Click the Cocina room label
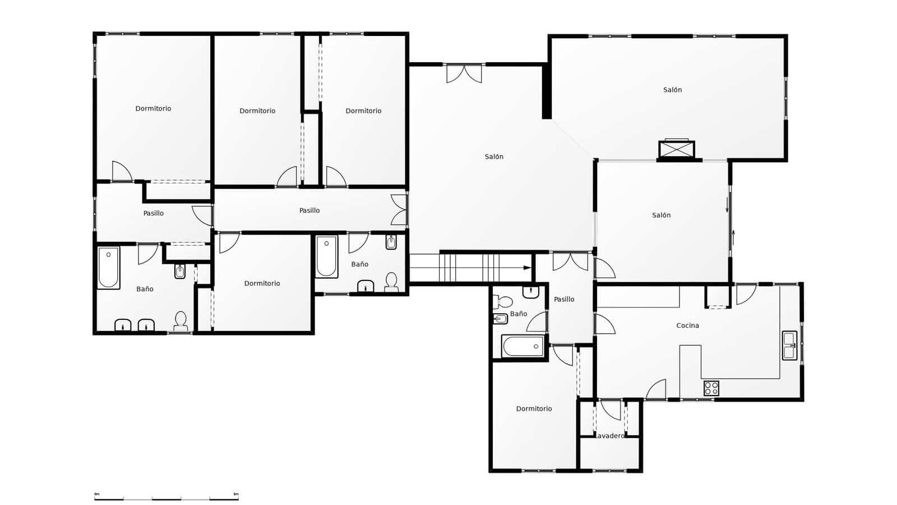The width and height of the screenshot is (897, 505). (687, 325)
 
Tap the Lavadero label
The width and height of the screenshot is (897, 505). (609, 436)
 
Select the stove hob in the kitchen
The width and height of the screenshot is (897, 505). (711, 388)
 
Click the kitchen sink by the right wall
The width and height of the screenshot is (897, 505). (789, 345)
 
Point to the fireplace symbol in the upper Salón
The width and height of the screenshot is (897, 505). (677, 150)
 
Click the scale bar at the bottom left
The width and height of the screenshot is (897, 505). (167, 498)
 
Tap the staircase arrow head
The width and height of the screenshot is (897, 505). (527, 268)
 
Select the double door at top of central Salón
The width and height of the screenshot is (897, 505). (464, 74)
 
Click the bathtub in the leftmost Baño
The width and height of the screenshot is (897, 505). (109, 268)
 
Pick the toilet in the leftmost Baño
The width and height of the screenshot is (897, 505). (181, 321)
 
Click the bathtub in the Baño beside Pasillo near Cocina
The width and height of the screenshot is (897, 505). (523, 346)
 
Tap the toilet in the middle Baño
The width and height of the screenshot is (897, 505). (391, 282)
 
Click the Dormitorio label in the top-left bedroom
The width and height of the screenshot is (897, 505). (153, 109)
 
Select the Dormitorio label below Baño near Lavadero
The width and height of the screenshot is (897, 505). (534, 409)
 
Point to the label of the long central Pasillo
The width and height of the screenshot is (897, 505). (309, 210)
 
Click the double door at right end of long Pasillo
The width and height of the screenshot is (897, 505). (399, 210)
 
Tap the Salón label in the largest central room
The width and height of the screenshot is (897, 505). (494, 157)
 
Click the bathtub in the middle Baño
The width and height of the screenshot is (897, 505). (326, 256)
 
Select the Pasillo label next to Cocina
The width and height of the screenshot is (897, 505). (564, 300)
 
